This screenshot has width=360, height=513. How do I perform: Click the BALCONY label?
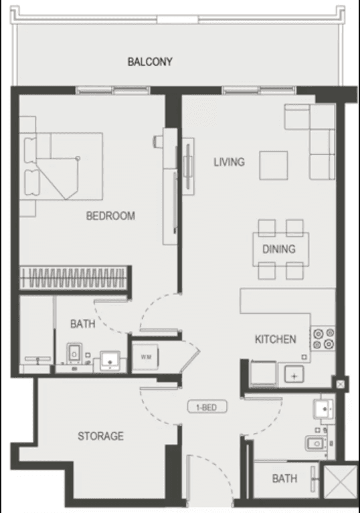click(x=150, y=62)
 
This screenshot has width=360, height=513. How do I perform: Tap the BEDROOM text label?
click(x=110, y=216)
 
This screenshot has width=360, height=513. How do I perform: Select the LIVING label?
click(x=229, y=162)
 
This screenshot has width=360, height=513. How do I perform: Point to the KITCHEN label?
click(x=275, y=339)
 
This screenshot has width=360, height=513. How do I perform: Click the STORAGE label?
click(x=100, y=436)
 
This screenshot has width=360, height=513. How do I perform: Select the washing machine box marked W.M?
click(x=145, y=356)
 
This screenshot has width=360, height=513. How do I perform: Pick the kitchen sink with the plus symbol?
click(x=294, y=375)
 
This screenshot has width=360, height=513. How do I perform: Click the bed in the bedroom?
click(x=64, y=166)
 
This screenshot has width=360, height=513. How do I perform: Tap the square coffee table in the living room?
click(x=276, y=165)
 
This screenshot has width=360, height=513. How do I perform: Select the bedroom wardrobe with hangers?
click(x=73, y=277)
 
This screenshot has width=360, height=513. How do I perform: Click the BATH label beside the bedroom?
click(x=82, y=324)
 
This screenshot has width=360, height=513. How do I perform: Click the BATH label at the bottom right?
click(x=285, y=479)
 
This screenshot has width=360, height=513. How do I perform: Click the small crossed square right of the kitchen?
click(x=342, y=385)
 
